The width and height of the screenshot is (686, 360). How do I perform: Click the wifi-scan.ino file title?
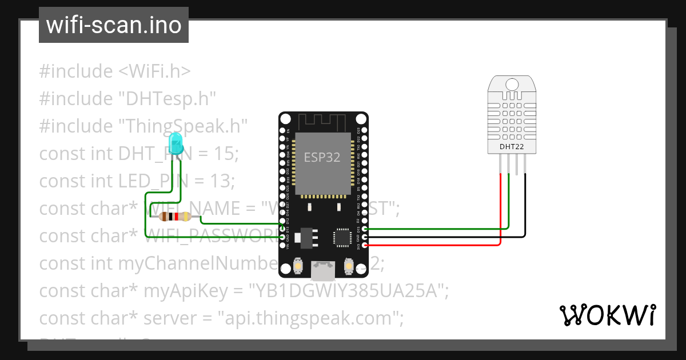113,25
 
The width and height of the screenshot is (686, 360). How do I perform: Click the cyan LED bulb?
177,141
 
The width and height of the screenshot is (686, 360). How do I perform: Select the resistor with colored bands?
175,217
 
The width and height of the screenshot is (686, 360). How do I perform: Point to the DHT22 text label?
511,147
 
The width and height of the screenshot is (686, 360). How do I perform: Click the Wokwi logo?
607,315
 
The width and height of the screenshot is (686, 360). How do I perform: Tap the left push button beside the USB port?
298,266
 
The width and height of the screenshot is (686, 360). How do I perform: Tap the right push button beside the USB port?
348,266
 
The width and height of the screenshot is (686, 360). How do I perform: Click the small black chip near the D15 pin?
342,237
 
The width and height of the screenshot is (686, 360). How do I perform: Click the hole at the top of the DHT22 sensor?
512,85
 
